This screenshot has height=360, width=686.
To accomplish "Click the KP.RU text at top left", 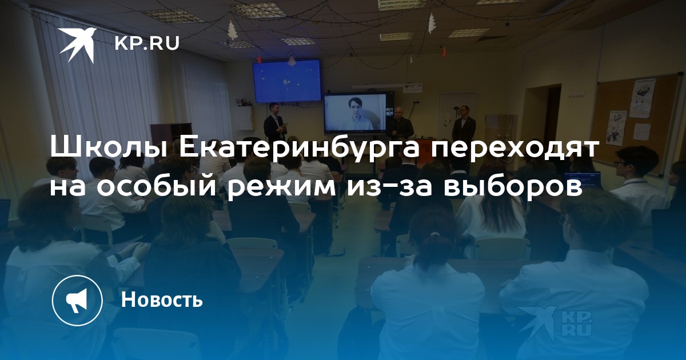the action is pos(147,43).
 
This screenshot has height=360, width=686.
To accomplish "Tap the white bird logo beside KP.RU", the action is pos(78,45).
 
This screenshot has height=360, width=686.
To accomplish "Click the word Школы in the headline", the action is pos(109,148).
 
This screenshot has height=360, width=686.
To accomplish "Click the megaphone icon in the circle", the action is pos(77,301).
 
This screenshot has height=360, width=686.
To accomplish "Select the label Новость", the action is pos(162,299).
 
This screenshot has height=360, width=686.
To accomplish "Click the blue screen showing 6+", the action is pos(286,81).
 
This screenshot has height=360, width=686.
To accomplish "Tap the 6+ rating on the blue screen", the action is pos(287,82).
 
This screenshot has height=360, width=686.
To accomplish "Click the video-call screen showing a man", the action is pos(356,114).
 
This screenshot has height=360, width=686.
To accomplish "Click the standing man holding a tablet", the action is pos(274,126).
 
